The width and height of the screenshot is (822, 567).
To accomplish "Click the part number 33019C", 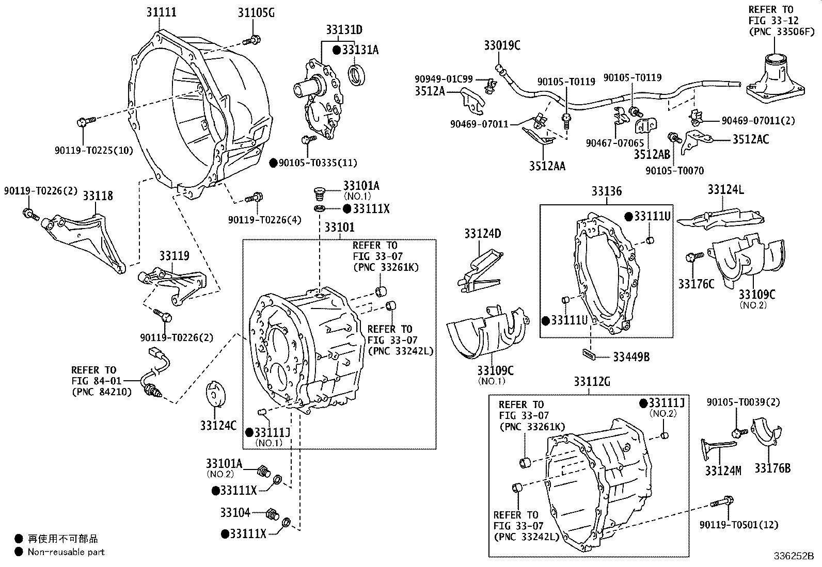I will [502, 45].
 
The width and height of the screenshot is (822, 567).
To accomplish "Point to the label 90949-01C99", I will [443, 79].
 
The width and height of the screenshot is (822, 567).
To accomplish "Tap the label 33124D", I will [482, 234].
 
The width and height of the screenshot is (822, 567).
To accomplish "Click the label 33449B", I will [631, 357].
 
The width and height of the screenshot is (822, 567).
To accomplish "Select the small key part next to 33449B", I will [589, 353].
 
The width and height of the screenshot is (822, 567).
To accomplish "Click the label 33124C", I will [218, 425].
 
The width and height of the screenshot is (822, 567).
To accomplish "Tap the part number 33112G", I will [591, 382].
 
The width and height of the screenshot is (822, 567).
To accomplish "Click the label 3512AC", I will [751, 139].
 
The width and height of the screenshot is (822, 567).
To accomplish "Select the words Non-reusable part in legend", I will [66, 552].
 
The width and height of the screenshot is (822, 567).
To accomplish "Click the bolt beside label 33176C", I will [694, 256].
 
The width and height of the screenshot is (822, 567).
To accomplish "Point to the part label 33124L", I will [725, 189].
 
